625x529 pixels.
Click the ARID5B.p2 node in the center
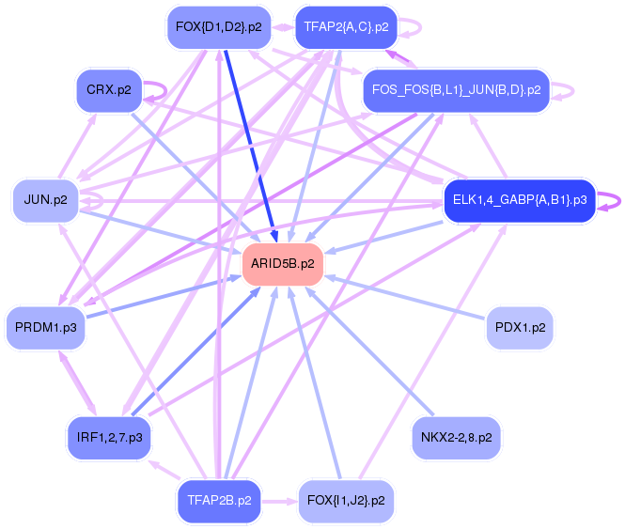coord(283,263)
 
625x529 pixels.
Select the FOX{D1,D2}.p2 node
coord(218,27)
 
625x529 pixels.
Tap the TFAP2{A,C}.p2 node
coord(345,27)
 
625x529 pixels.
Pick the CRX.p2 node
coord(108,90)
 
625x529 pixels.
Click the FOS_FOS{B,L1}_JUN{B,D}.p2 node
coord(456,90)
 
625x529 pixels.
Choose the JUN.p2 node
coord(45,200)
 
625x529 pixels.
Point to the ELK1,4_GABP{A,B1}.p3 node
coord(519,200)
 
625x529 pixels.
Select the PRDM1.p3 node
coord(45,327)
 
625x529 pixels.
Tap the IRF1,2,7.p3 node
coord(109,438)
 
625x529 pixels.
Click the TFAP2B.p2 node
coord(219,501)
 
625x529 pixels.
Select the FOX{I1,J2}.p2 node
coord(345,501)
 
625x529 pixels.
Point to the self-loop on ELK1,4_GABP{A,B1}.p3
coord(611,200)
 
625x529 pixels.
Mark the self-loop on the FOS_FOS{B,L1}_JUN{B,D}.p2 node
coord(564,91)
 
